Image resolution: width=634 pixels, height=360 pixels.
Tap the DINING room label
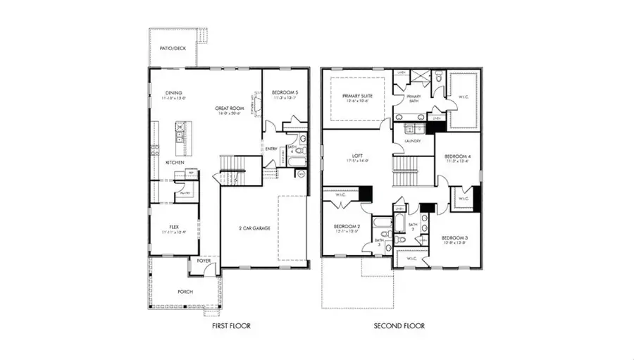pos(174,92)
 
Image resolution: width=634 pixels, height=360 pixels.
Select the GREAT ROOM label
pos(230,108)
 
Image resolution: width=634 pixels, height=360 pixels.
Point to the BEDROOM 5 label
pos(285,92)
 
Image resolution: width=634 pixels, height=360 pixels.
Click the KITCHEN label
pos(175,162)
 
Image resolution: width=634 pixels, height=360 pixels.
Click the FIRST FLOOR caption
pos(230,326)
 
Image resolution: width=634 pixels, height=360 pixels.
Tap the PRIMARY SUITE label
pos(356,96)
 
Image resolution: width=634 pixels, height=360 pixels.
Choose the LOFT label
pos(357,156)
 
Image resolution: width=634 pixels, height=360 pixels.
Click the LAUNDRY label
pos(413,141)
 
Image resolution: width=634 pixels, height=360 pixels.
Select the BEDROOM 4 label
pos(457,156)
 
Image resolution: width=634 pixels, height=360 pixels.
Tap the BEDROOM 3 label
pos(454,238)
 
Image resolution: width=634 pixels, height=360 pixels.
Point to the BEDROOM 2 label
pos(347,226)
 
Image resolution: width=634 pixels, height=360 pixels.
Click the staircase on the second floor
pos(406,171)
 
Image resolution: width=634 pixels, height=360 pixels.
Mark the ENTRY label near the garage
pos(271,149)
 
